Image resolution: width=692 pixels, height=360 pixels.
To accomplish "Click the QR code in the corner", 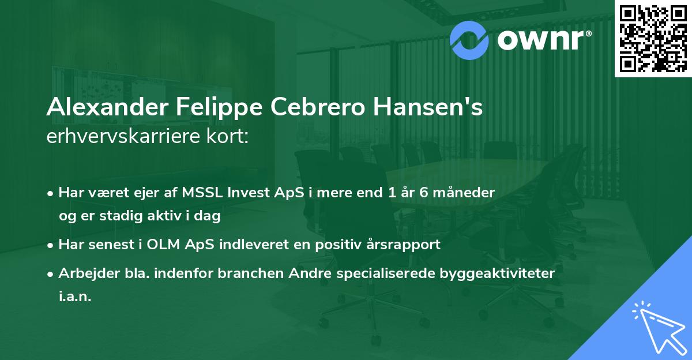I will tap(653, 38).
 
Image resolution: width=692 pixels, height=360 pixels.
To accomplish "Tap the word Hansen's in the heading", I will tap(428, 108).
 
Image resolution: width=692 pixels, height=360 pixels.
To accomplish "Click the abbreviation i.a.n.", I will tap(75, 297).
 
